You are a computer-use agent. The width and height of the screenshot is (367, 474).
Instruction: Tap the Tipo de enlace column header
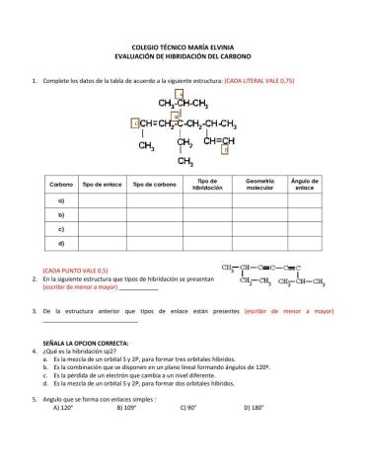pyautogui.click(x=102, y=185)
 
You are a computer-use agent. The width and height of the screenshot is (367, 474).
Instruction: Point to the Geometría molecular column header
pyautogui.click(x=258, y=185)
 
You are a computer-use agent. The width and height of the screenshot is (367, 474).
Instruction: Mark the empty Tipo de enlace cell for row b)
pyautogui.click(x=102, y=214)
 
